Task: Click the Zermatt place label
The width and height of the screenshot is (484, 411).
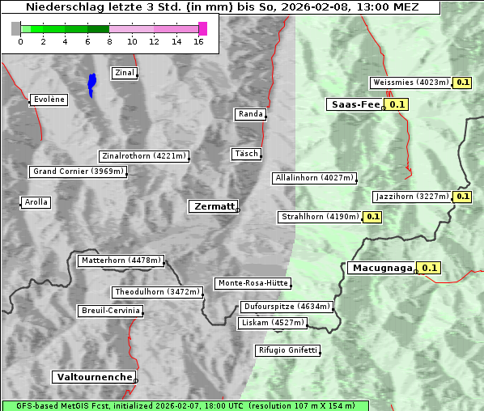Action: (x=213, y=206)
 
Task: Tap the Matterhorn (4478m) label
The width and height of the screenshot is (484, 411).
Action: (x=121, y=261)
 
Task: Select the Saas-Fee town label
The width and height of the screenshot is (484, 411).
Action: (x=355, y=104)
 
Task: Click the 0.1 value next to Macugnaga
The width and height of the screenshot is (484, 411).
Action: (x=429, y=268)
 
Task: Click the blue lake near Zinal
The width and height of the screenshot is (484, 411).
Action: (x=91, y=83)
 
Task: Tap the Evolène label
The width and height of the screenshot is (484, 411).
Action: (x=48, y=100)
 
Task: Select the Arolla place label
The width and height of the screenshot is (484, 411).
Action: (x=36, y=202)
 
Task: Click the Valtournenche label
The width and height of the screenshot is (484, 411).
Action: (x=94, y=377)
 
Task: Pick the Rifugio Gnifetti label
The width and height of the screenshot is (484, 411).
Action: (x=287, y=350)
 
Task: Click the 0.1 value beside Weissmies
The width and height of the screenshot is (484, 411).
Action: (x=462, y=83)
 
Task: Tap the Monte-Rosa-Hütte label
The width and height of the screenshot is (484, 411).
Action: (x=253, y=283)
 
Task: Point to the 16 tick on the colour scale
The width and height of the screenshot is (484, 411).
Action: (x=199, y=42)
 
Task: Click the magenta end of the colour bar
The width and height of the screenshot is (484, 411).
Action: (x=202, y=28)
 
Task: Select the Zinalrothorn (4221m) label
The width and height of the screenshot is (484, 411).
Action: (x=143, y=156)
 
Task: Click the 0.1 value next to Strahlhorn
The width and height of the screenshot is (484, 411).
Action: (x=371, y=217)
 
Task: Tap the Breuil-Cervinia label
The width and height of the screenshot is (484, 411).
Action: (x=110, y=311)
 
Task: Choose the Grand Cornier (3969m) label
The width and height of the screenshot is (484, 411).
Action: (x=79, y=172)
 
